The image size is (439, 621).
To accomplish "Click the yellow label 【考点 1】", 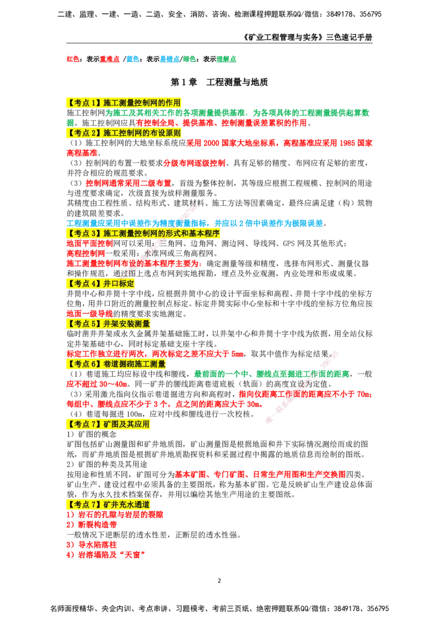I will pyautogui.click(x=84, y=103).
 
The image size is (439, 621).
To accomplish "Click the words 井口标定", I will pyautogui.click(x=119, y=284).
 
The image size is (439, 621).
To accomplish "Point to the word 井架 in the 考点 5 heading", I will pyautogui.click(x=110, y=324).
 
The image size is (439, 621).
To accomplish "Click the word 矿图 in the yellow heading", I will pyautogui.click(x=110, y=424).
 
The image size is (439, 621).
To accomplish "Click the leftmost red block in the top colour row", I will pyautogui.click(x=72, y=59).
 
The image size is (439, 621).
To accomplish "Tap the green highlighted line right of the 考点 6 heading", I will pyautogui.click(x=272, y=374).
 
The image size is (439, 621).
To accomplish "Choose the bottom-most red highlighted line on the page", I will pyautogui.click(x=105, y=555).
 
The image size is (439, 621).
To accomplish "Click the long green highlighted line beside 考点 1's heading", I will pyautogui.click(x=239, y=114).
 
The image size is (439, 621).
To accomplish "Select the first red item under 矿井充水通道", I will pyautogui.click(x=115, y=515).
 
